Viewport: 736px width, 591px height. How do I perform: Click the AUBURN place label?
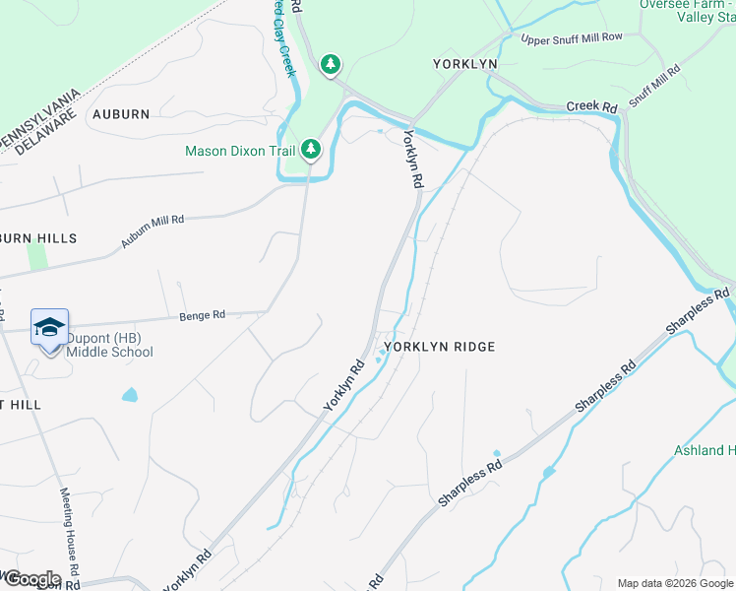[121, 114]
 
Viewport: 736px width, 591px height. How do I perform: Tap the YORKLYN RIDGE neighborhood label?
[439, 347]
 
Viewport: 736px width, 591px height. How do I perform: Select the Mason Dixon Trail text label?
[241, 151]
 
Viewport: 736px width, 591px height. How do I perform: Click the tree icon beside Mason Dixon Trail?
[311, 150]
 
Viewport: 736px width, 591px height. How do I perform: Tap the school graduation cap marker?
[49, 327]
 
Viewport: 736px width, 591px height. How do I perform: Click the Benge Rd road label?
[202, 315]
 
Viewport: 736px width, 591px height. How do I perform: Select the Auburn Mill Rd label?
[153, 231]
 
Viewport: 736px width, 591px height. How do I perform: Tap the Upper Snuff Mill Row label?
[572, 38]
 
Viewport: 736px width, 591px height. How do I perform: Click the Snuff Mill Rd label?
[654, 86]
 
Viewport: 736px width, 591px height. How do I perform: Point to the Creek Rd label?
[591, 106]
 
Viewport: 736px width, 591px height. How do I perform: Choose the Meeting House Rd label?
[68, 533]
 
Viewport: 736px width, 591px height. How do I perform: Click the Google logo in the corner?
[31, 578]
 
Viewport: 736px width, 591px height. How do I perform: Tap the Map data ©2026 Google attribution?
[675, 583]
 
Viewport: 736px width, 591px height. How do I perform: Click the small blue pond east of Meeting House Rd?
[130, 395]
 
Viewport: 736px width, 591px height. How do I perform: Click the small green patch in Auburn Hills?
[37, 255]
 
